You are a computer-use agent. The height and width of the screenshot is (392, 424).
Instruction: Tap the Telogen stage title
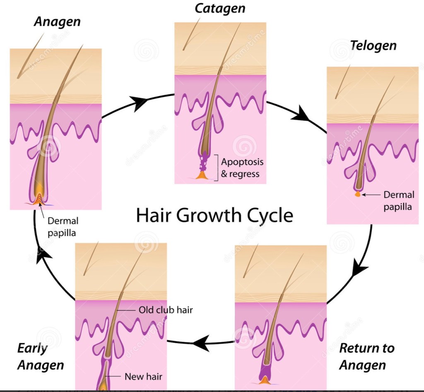[373, 45]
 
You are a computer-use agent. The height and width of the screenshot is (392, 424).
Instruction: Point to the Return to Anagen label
[366, 356]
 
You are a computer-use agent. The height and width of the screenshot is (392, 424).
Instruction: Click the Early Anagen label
[41, 356]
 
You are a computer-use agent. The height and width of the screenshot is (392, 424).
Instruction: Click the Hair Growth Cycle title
[214, 215]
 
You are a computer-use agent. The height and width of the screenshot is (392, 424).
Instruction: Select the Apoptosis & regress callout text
[242, 167]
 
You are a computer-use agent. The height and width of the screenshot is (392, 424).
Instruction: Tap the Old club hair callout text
[166, 310]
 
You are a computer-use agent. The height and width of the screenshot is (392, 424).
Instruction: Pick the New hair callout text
[143, 376]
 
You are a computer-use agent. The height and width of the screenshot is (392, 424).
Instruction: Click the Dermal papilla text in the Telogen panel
[398, 200]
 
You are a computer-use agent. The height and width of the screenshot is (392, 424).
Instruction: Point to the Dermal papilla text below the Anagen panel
[62, 227]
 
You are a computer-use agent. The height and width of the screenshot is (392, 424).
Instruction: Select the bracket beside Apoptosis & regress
[216, 167]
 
